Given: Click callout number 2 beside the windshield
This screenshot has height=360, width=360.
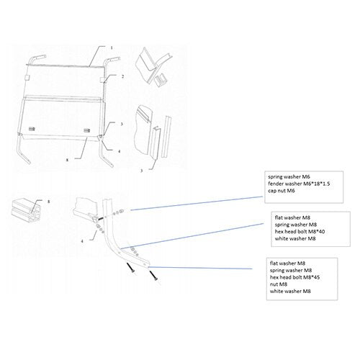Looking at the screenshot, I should click(x=123, y=76).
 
